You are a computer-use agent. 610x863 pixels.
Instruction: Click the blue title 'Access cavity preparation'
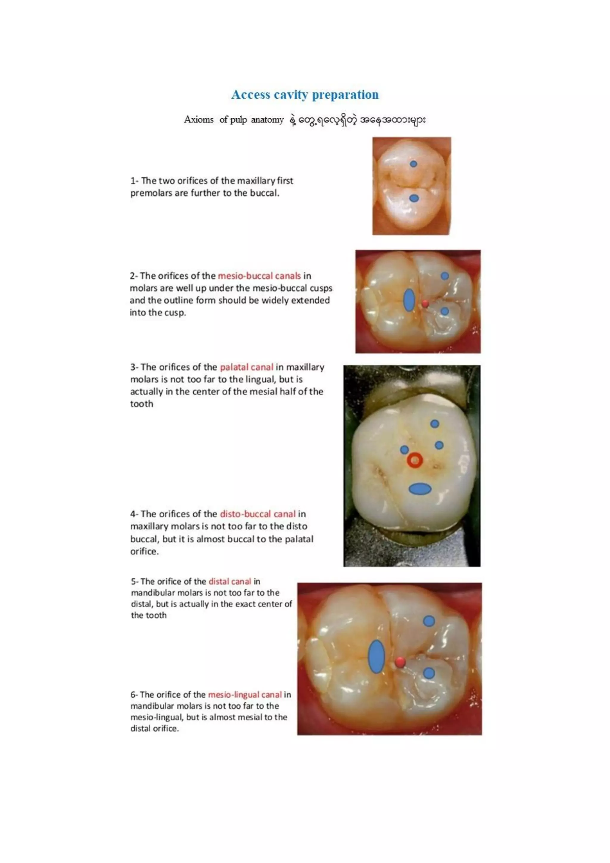click(x=305, y=95)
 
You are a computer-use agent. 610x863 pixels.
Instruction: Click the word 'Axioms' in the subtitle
click(x=198, y=119)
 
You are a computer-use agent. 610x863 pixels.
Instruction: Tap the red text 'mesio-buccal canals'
click(x=259, y=276)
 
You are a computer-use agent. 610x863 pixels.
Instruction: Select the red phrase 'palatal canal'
click(x=246, y=367)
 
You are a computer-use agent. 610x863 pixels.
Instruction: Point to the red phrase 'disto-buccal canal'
click(x=258, y=514)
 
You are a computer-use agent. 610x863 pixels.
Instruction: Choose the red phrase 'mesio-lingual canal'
click(x=245, y=695)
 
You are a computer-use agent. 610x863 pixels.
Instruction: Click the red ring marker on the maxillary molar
click(x=415, y=460)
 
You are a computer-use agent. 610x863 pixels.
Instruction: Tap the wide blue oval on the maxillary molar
click(x=420, y=489)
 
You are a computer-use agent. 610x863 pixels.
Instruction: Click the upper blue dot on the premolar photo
click(x=413, y=164)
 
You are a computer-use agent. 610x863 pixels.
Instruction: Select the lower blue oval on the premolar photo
click(x=414, y=198)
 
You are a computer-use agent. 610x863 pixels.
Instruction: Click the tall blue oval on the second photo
click(x=409, y=300)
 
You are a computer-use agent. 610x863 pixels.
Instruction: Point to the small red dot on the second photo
click(x=425, y=303)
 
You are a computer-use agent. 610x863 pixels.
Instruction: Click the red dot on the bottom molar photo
click(x=400, y=662)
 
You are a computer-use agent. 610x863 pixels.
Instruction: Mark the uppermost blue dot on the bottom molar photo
click(x=429, y=621)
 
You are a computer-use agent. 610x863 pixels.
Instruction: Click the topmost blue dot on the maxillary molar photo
click(x=435, y=424)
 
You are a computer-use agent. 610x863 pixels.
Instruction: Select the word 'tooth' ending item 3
click(x=141, y=404)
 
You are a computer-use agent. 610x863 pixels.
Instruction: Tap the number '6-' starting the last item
click(x=134, y=695)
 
